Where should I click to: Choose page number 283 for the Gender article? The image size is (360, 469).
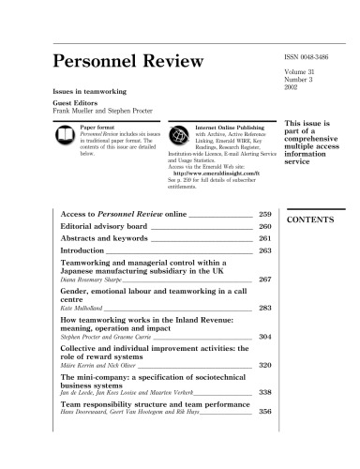[x=263, y=307]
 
